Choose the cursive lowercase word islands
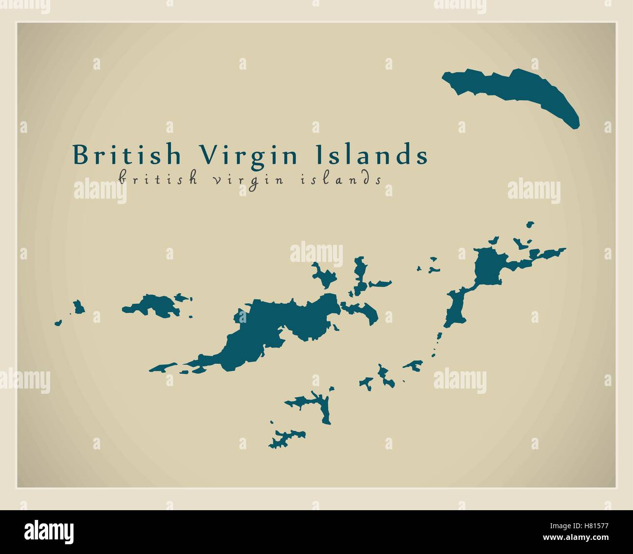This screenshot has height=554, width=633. pyautogui.click(x=339, y=179)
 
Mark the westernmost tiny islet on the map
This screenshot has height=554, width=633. pyautogui.click(x=58, y=322)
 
